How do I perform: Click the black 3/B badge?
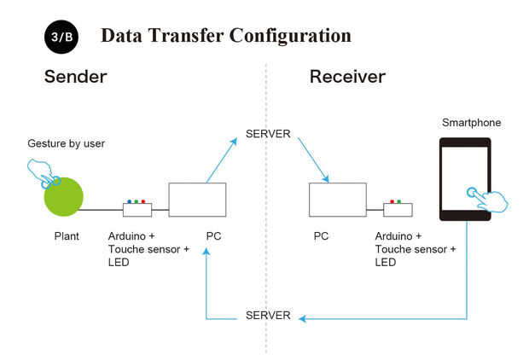click(x=61, y=38)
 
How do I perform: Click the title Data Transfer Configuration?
click(x=225, y=36)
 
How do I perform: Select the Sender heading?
click(x=75, y=77)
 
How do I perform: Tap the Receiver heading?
click(x=347, y=77)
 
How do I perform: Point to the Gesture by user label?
click(x=66, y=142)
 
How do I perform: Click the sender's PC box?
click(x=197, y=200)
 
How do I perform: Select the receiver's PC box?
click(x=337, y=200)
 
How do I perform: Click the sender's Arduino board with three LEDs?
click(x=137, y=209)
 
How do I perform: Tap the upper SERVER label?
click(x=268, y=134)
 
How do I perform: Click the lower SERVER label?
click(x=268, y=316)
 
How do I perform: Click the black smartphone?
click(x=465, y=179)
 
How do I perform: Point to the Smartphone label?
click(x=471, y=123)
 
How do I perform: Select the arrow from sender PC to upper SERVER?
click(x=221, y=160)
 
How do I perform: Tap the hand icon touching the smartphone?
click(x=489, y=198)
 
